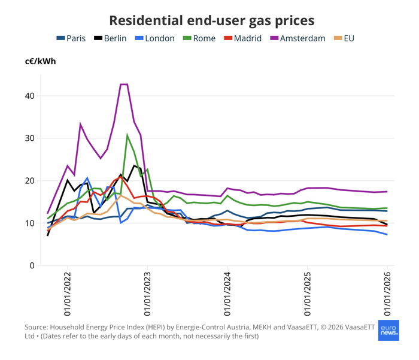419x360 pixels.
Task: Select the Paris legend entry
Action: [x=71, y=38]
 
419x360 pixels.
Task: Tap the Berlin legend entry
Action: [x=111, y=38]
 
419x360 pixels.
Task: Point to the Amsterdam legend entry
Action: [x=296, y=38]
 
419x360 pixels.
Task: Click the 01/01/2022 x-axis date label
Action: [x=67, y=294]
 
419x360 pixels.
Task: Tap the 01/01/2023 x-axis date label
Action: [x=147, y=294]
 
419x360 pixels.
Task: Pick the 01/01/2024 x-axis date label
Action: [x=227, y=294]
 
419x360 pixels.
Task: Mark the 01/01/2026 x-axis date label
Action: [x=387, y=294]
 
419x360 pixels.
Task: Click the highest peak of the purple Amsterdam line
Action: [x=124, y=84]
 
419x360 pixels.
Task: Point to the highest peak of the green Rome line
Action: [x=127, y=135]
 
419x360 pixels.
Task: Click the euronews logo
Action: [x=388, y=330]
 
